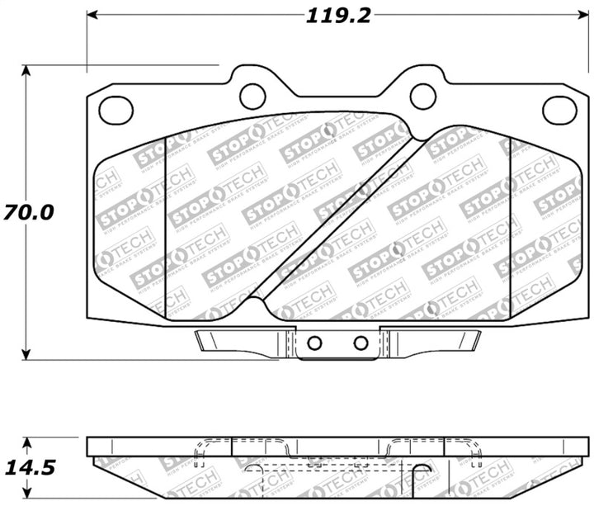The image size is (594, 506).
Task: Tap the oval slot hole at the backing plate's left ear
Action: click(x=116, y=108)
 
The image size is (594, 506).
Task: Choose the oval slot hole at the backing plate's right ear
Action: click(x=559, y=109)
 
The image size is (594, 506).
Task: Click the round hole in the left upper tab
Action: click(x=252, y=96)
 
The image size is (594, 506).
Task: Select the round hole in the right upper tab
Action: click(x=423, y=96)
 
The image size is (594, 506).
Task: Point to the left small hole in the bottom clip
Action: click(x=314, y=343)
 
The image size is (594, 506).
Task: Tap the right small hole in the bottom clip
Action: click(x=361, y=343)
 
